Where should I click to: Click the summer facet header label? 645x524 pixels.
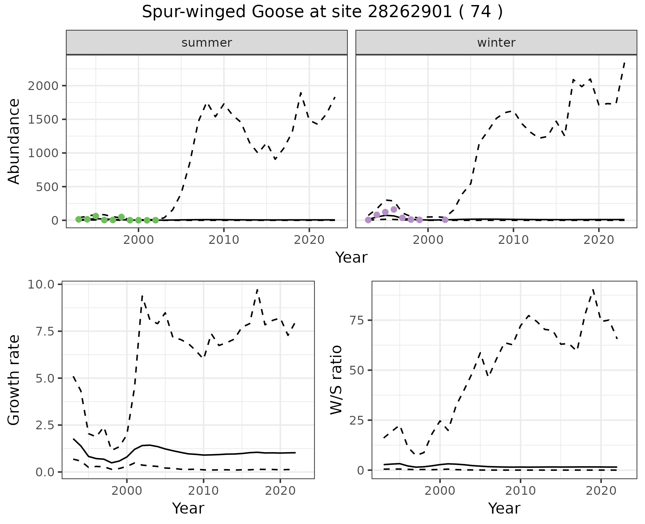(x=207, y=43)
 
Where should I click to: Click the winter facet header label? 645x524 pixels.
(x=496, y=43)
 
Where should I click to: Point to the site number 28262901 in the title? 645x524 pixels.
(x=410, y=12)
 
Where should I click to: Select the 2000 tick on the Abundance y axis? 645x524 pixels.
(x=43, y=86)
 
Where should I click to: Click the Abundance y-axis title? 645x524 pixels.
(x=14, y=141)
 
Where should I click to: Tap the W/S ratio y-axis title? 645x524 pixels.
(x=336, y=380)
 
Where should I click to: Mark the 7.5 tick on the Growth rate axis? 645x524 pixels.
(x=43, y=331)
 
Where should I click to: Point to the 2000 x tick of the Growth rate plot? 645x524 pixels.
(x=127, y=491)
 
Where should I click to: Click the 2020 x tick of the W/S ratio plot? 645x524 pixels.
(x=601, y=491)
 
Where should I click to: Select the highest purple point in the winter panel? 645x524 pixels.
(x=394, y=210)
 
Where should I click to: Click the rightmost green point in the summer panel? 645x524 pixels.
(x=156, y=220)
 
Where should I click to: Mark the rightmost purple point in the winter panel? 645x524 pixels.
(x=445, y=220)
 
